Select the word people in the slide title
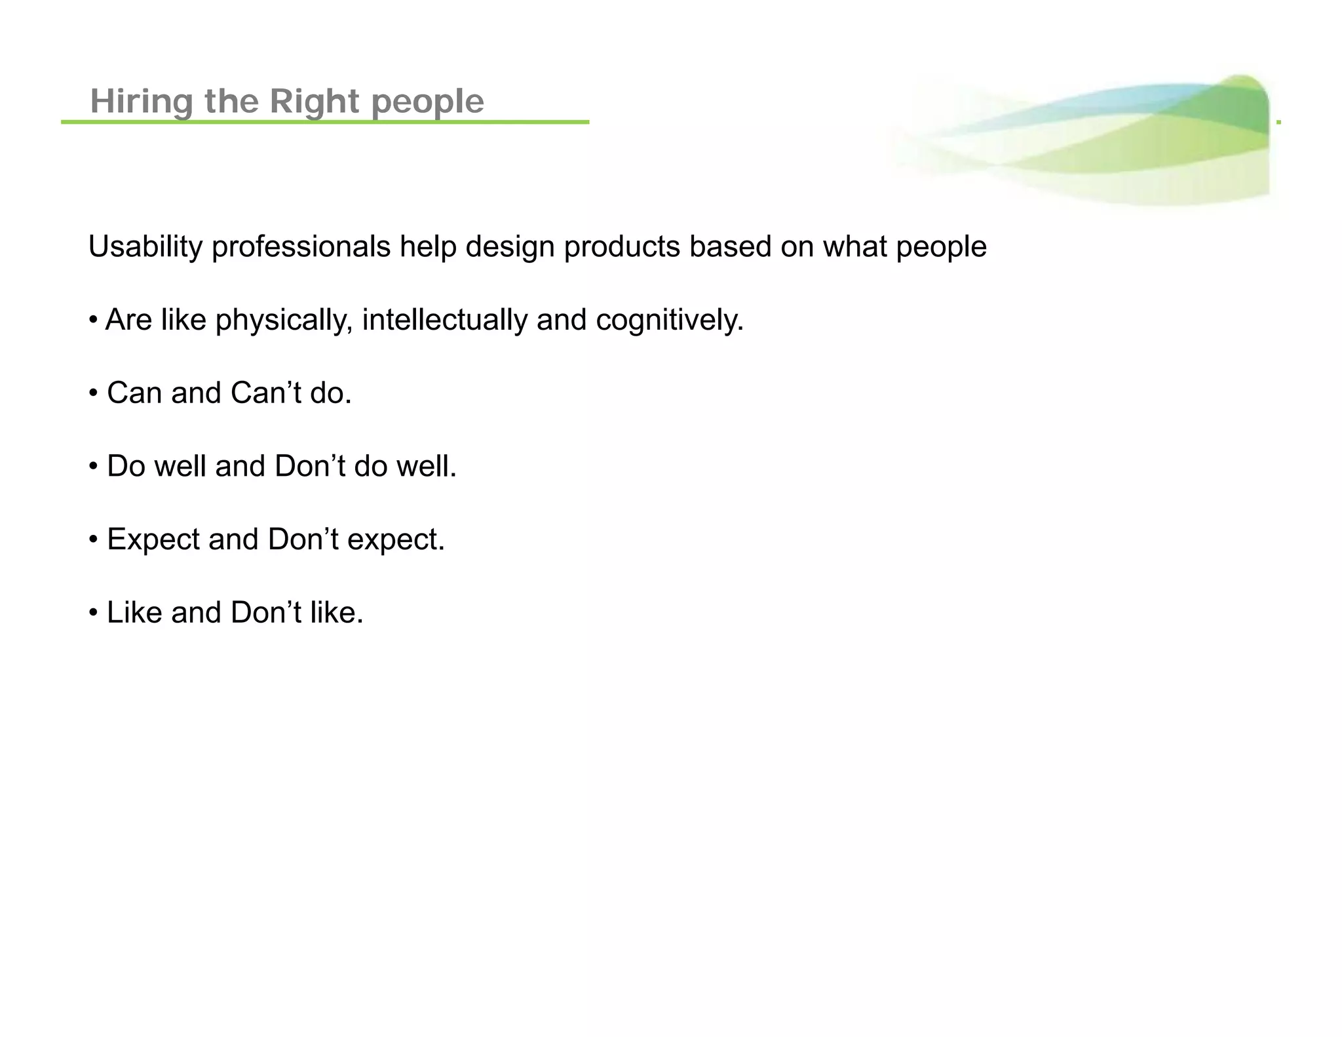click(x=427, y=103)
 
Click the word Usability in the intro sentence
click(x=145, y=247)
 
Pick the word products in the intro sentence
click(x=622, y=247)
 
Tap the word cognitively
click(x=669, y=321)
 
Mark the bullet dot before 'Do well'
click(x=94, y=467)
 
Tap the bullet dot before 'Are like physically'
click(x=94, y=321)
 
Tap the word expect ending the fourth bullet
click(x=395, y=540)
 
